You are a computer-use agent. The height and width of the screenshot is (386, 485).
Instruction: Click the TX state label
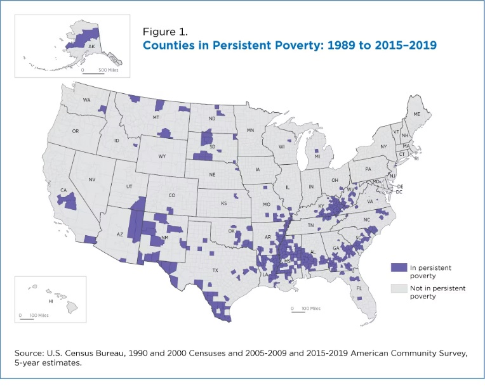(x=216, y=270)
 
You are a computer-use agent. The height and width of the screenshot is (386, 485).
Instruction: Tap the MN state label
(x=250, y=129)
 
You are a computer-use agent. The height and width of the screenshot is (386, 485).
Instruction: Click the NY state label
(x=383, y=147)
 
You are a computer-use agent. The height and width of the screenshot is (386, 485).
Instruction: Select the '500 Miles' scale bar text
(x=109, y=69)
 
